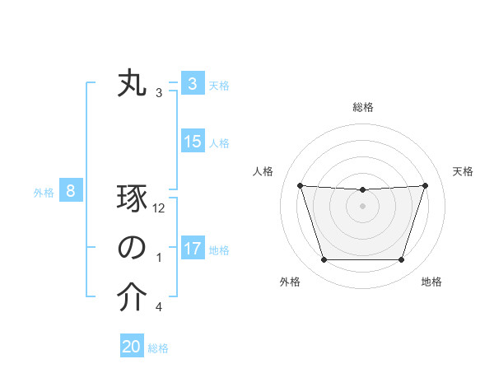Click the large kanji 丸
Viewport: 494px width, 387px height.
point(132,84)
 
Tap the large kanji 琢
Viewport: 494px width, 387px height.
point(132,200)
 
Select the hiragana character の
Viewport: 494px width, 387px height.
point(132,249)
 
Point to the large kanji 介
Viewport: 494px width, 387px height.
point(132,298)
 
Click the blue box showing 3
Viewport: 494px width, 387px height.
point(192,84)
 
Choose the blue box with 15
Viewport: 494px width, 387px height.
point(193,142)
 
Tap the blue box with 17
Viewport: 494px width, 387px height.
point(193,248)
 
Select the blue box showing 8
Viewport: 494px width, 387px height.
point(71,192)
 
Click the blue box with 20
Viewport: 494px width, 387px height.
point(132,347)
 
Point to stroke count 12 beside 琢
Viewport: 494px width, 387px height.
point(159,208)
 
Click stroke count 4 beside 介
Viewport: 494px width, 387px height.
point(159,307)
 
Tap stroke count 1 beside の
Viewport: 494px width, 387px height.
point(159,258)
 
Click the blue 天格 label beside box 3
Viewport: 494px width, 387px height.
point(219,85)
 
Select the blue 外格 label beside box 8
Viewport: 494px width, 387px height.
point(44,193)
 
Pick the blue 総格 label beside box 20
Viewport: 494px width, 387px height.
point(158,347)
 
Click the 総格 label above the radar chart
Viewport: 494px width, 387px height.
point(362,107)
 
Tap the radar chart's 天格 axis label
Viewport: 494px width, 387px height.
point(463,171)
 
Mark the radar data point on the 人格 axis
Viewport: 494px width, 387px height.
point(300,185)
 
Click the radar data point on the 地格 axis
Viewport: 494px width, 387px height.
point(401,260)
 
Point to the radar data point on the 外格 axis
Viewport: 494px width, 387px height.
point(324,260)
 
